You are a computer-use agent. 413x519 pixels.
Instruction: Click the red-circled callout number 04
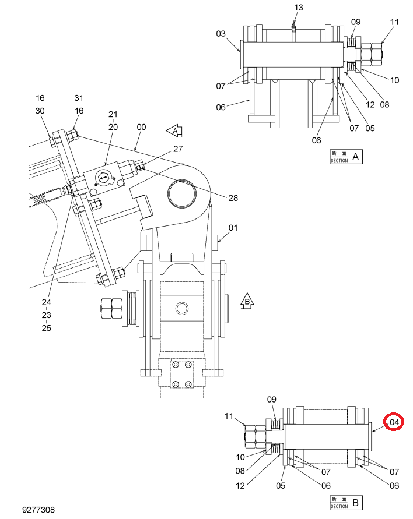tap(394, 422)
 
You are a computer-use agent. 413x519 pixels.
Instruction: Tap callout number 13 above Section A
tap(298, 8)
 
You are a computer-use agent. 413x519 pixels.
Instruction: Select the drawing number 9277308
tap(38, 510)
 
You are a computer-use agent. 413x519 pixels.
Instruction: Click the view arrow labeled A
tap(174, 131)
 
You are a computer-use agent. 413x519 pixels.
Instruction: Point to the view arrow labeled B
tap(247, 301)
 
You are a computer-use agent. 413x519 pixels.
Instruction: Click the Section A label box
tap(346, 157)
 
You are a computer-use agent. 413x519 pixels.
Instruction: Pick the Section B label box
tap(346, 503)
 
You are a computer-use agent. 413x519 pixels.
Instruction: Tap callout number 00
tap(141, 127)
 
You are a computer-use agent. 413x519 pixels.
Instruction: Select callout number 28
tap(233, 198)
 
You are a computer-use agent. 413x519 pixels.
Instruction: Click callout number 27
tap(178, 149)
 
